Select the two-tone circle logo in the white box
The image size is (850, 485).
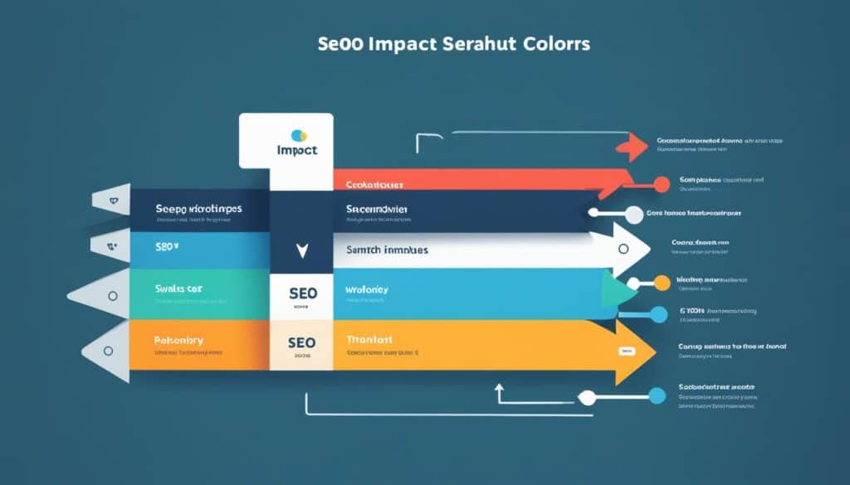pyautogui.click(x=300, y=134)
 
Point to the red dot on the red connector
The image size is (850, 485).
pyautogui.click(x=661, y=184)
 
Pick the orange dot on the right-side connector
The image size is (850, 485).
pyautogui.click(x=662, y=283)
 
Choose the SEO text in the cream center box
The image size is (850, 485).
pyautogui.click(x=301, y=342)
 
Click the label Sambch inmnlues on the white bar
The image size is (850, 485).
pyautogui.click(x=387, y=249)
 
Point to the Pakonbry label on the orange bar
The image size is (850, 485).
pyautogui.click(x=179, y=340)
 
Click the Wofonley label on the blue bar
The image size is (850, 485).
pyautogui.click(x=366, y=290)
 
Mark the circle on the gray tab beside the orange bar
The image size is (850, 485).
pyautogui.click(x=108, y=351)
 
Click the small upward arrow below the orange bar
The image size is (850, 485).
pyautogui.click(x=499, y=388)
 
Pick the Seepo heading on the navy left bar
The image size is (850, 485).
pyautogui.click(x=198, y=208)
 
